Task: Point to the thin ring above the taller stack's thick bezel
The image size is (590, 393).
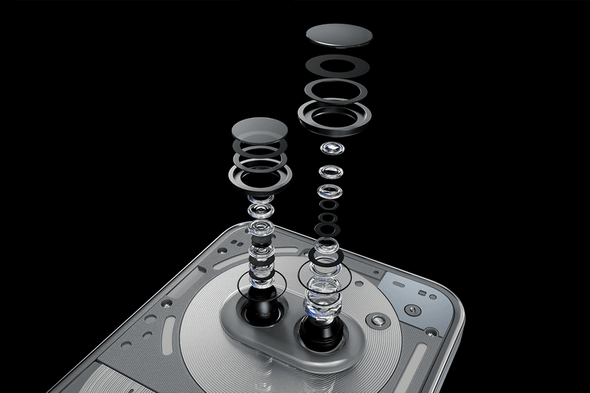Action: (336, 89)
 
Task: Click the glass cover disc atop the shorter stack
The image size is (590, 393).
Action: (258, 129)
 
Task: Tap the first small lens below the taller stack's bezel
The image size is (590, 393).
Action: (332, 150)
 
